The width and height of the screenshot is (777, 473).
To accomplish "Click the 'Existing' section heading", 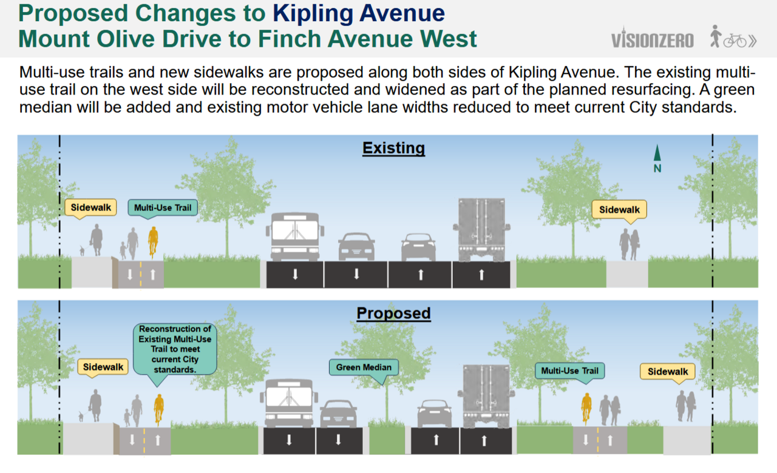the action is [x=394, y=149].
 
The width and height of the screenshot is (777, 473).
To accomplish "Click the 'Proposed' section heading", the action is [x=394, y=314].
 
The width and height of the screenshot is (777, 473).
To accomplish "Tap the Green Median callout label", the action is [x=364, y=367].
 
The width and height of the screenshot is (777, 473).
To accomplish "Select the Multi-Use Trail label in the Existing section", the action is [x=163, y=207].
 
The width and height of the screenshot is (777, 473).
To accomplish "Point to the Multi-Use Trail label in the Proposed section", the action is [x=569, y=371].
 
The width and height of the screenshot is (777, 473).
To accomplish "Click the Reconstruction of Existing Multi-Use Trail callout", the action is [x=175, y=349].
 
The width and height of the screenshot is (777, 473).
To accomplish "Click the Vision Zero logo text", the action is [x=652, y=39].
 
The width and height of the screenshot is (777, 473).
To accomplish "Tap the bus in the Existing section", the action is [x=295, y=236].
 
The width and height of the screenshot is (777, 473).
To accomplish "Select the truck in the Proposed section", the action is [x=486, y=397].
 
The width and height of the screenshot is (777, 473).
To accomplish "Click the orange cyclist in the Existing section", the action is [x=153, y=243].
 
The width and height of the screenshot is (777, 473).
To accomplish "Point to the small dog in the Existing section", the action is [x=82, y=250].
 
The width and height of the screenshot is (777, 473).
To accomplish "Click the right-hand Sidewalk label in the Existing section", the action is [x=619, y=210].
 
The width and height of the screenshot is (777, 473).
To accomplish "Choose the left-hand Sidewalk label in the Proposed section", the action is [x=103, y=367].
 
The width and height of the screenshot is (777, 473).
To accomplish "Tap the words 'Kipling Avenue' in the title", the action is [x=359, y=13].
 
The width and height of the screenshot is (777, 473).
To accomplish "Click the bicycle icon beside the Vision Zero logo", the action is [x=735, y=41].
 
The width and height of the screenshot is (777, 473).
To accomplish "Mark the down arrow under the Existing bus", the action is [x=295, y=275].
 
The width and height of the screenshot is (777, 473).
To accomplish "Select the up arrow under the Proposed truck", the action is [x=484, y=440].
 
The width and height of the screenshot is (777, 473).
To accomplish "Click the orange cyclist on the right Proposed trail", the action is [x=586, y=409].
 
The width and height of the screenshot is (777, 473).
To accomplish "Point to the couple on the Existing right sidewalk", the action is [x=629, y=244].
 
